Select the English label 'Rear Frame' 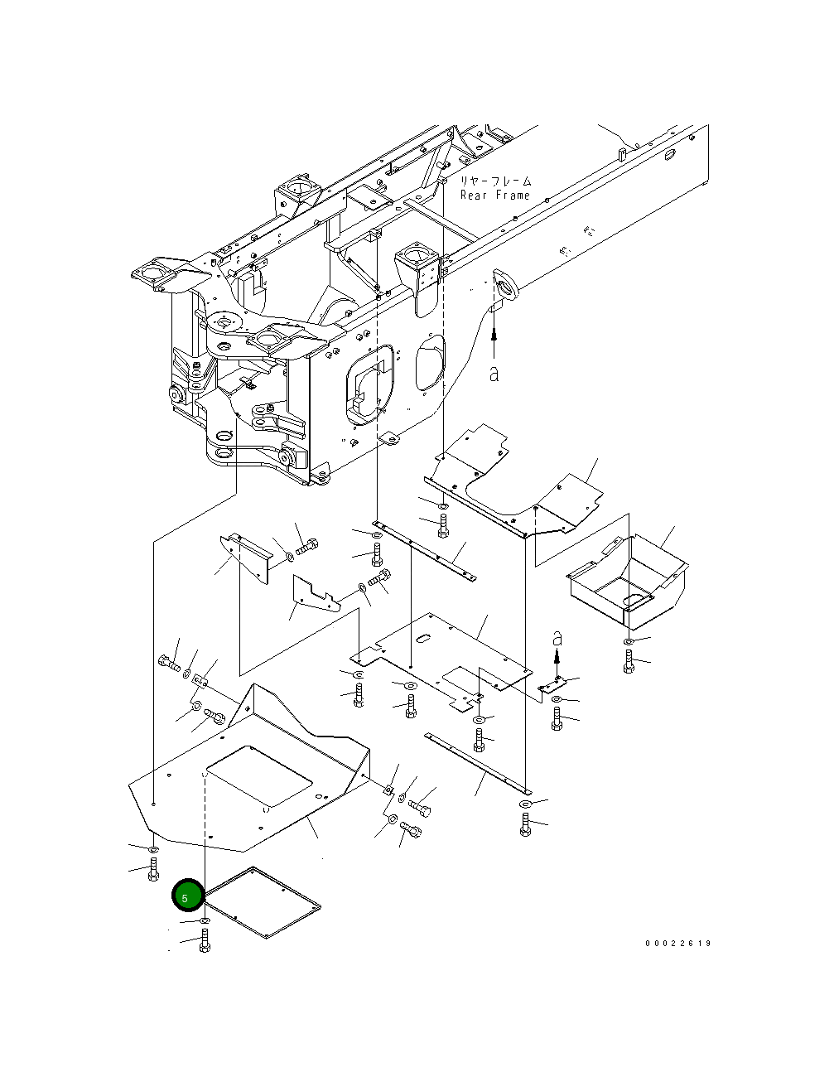coord(495,196)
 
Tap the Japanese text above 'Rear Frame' coord(495,181)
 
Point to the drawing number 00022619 coord(678,944)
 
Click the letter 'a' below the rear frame coord(494,374)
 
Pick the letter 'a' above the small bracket coord(557,639)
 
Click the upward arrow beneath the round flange coord(494,340)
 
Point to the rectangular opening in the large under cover coord(259,776)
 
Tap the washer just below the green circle coord(205,921)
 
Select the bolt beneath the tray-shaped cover coord(629,661)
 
